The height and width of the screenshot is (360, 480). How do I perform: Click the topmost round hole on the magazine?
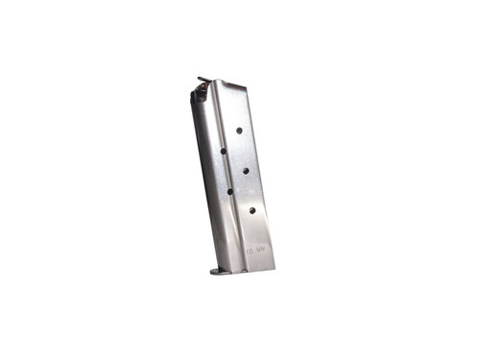[x=238, y=130]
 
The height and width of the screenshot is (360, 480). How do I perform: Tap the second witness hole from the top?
[x=224, y=150]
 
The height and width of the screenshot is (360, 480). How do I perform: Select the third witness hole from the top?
[x=245, y=170]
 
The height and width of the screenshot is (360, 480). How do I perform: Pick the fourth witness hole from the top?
[x=229, y=190]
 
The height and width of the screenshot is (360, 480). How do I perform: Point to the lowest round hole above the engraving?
[x=252, y=209]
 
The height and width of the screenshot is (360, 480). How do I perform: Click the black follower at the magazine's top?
[x=198, y=94]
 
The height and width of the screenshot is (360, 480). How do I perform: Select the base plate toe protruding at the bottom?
[x=219, y=272]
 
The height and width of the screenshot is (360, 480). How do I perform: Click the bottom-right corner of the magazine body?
[x=275, y=265]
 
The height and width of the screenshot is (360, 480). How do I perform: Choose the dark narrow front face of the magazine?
[x=207, y=182]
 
